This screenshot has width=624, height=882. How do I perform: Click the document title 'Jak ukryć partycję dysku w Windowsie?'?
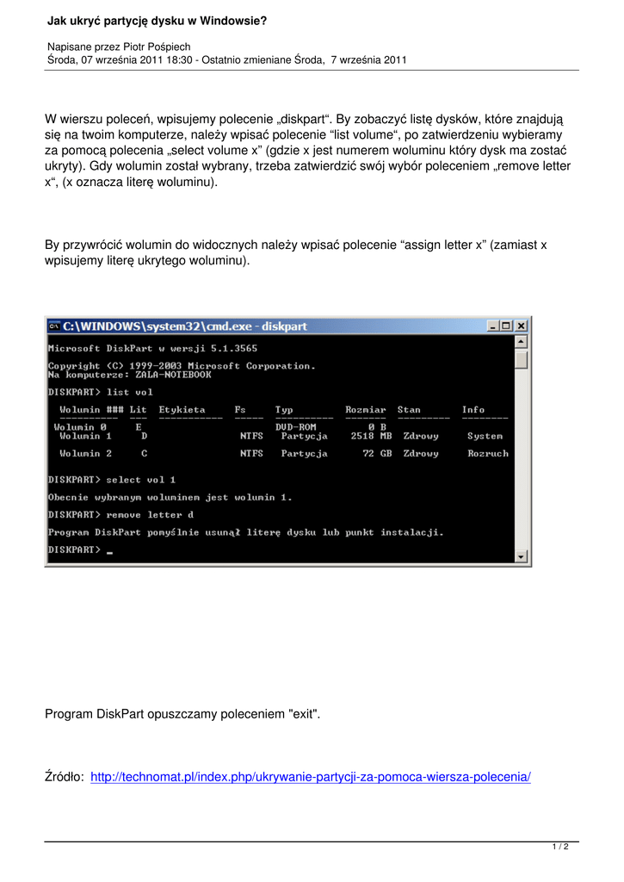[x=157, y=20]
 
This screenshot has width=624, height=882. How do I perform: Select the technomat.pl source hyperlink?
[x=310, y=777]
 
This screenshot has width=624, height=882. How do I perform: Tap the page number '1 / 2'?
[x=560, y=848]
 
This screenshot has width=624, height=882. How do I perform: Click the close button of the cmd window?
[x=521, y=326]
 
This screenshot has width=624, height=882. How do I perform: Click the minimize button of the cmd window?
[x=493, y=326]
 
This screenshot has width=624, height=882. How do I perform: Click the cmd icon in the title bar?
[x=53, y=326]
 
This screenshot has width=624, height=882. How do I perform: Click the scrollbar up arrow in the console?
[x=521, y=342]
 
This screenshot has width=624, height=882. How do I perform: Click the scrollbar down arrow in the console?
[x=521, y=557]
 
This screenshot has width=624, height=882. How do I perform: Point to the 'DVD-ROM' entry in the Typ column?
[x=295, y=427]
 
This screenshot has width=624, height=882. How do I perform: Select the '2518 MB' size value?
[x=371, y=436]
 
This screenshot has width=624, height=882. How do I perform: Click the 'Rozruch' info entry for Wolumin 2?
[x=488, y=453]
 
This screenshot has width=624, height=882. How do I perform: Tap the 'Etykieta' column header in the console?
[x=182, y=410]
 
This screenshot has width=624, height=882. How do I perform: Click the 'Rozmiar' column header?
[x=366, y=410]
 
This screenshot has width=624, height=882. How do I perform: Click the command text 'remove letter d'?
[x=150, y=515]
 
